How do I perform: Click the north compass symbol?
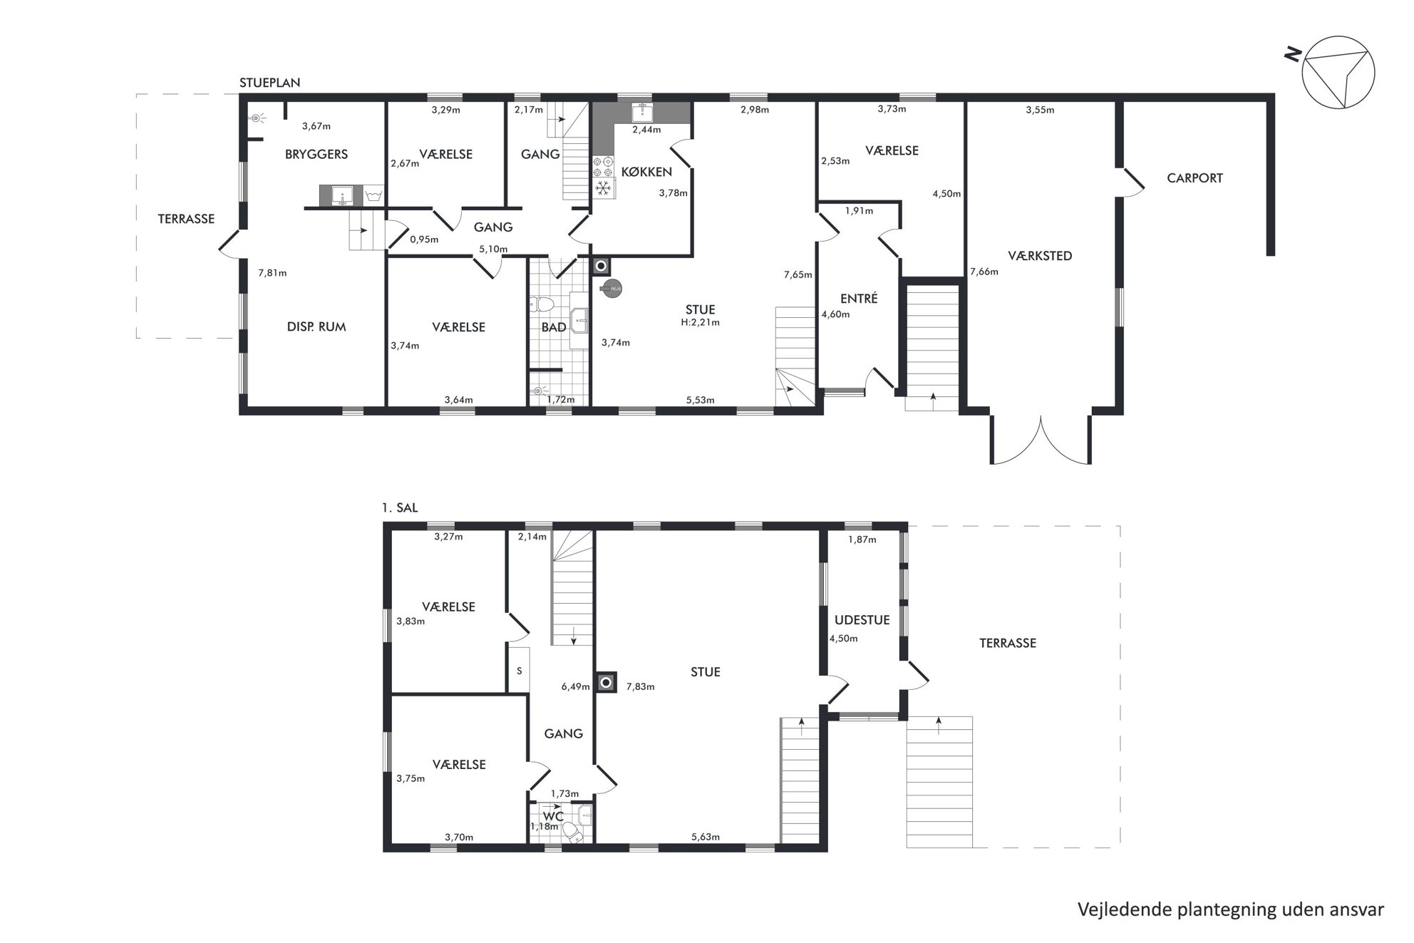[1338, 72]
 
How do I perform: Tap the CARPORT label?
[1194, 178]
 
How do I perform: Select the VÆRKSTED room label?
[1040, 256]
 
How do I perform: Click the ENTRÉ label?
[859, 299]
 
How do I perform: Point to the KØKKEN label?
[646, 172]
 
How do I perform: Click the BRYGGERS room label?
[316, 154]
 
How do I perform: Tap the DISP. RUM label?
[316, 327]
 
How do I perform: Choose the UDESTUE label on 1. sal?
[862, 620]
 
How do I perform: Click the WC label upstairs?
[553, 816]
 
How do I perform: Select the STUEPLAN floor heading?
[269, 83]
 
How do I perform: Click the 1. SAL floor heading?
[400, 508]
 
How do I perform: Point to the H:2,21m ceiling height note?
[700, 322]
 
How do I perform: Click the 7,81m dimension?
[272, 273]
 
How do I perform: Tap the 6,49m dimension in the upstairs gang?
[575, 687]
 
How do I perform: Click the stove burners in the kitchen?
[604, 167]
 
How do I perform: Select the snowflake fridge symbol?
[604, 188]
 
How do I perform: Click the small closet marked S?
[519, 670]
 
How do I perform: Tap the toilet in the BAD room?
[542, 305]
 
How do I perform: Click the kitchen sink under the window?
[642, 113]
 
